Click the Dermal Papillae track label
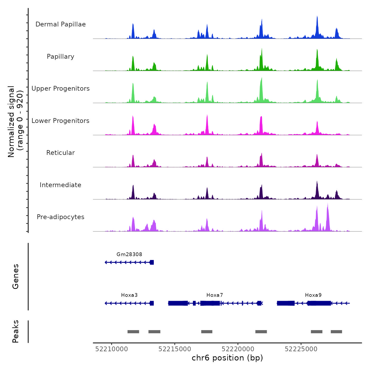[x=61, y=24]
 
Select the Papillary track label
[x=61, y=57]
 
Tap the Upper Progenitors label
[x=61, y=89]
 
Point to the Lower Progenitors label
[x=61, y=121]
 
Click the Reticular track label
[x=61, y=153]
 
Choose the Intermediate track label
[x=61, y=185]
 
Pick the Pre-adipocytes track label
[x=61, y=217]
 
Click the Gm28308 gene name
[x=129, y=254]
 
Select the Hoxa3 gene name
[x=129, y=295]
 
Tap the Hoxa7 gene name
[x=215, y=295]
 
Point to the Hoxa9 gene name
[x=313, y=295]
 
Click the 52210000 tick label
[x=112, y=349]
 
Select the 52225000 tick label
[x=301, y=349]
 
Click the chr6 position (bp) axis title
[x=227, y=358]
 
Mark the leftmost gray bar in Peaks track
[x=133, y=332]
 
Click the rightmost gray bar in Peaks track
[x=336, y=332]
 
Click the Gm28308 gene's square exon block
[x=152, y=262]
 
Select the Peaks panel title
[x=16, y=331]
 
